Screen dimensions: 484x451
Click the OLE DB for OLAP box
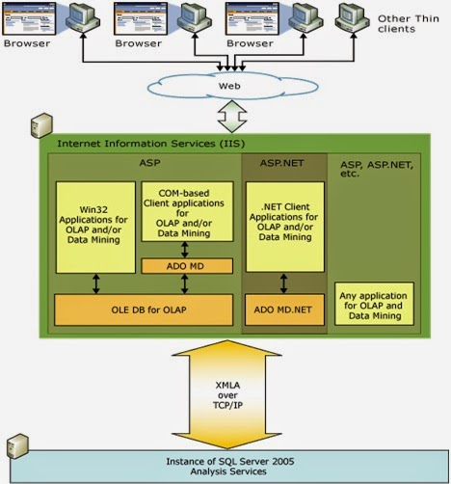click(x=145, y=309)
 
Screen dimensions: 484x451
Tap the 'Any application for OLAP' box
click(x=375, y=304)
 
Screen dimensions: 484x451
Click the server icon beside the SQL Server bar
click(x=15, y=446)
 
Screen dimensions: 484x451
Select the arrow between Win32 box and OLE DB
click(x=94, y=284)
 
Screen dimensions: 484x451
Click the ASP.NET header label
click(x=282, y=165)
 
